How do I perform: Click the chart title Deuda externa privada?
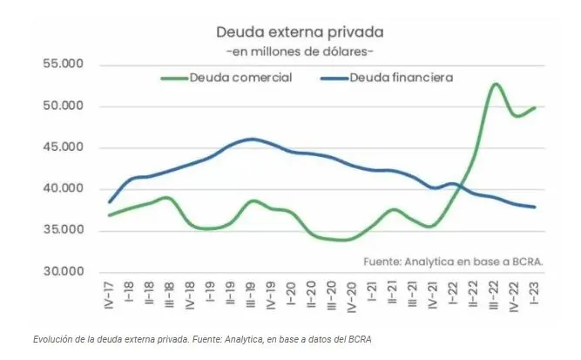(x=300, y=32)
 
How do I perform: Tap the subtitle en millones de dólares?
(x=300, y=51)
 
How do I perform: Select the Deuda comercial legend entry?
(x=226, y=78)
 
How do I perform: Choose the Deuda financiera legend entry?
(x=387, y=78)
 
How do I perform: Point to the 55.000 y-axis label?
(x=64, y=64)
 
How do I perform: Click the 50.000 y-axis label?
(x=64, y=105)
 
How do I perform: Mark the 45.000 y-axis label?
(x=64, y=147)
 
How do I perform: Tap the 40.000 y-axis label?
(x=64, y=188)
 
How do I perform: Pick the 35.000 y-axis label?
(x=64, y=229)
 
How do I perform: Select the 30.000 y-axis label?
(x=64, y=271)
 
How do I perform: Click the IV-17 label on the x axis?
(x=109, y=295)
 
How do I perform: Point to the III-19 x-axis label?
(x=251, y=295)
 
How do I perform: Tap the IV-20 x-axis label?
(x=351, y=297)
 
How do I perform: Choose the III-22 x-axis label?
(x=493, y=295)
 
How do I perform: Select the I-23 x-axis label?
(x=534, y=293)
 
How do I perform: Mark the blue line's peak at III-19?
(x=252, y=139)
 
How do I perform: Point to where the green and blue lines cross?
(x=459, y=187)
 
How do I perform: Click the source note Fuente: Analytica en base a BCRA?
(x=453, y=262)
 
